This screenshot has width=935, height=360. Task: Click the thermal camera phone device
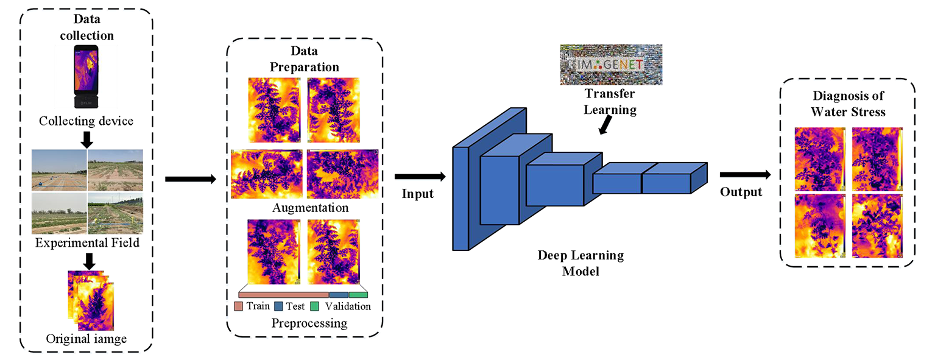click(86, 77)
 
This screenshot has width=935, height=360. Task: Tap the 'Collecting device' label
click(86, 121)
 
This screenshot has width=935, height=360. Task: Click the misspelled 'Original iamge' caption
click(86, 339)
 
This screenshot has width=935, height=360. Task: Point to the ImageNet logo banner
click(610, 64)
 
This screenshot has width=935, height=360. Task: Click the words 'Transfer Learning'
click(610, 102)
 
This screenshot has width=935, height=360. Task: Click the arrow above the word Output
click(744, 175)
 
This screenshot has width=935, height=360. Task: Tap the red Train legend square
click(239, 306)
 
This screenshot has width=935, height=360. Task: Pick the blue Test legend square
click(280, 306)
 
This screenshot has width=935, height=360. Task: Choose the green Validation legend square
click(315, 306)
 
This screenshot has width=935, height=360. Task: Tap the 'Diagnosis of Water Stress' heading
click(848, 104)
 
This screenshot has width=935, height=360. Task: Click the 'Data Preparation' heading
click(305, 59)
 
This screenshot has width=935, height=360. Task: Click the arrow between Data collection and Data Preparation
click(190, 179)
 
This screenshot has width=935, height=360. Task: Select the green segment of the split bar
click(358, 294)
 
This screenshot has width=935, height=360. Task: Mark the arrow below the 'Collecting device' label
click(86, 139)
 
